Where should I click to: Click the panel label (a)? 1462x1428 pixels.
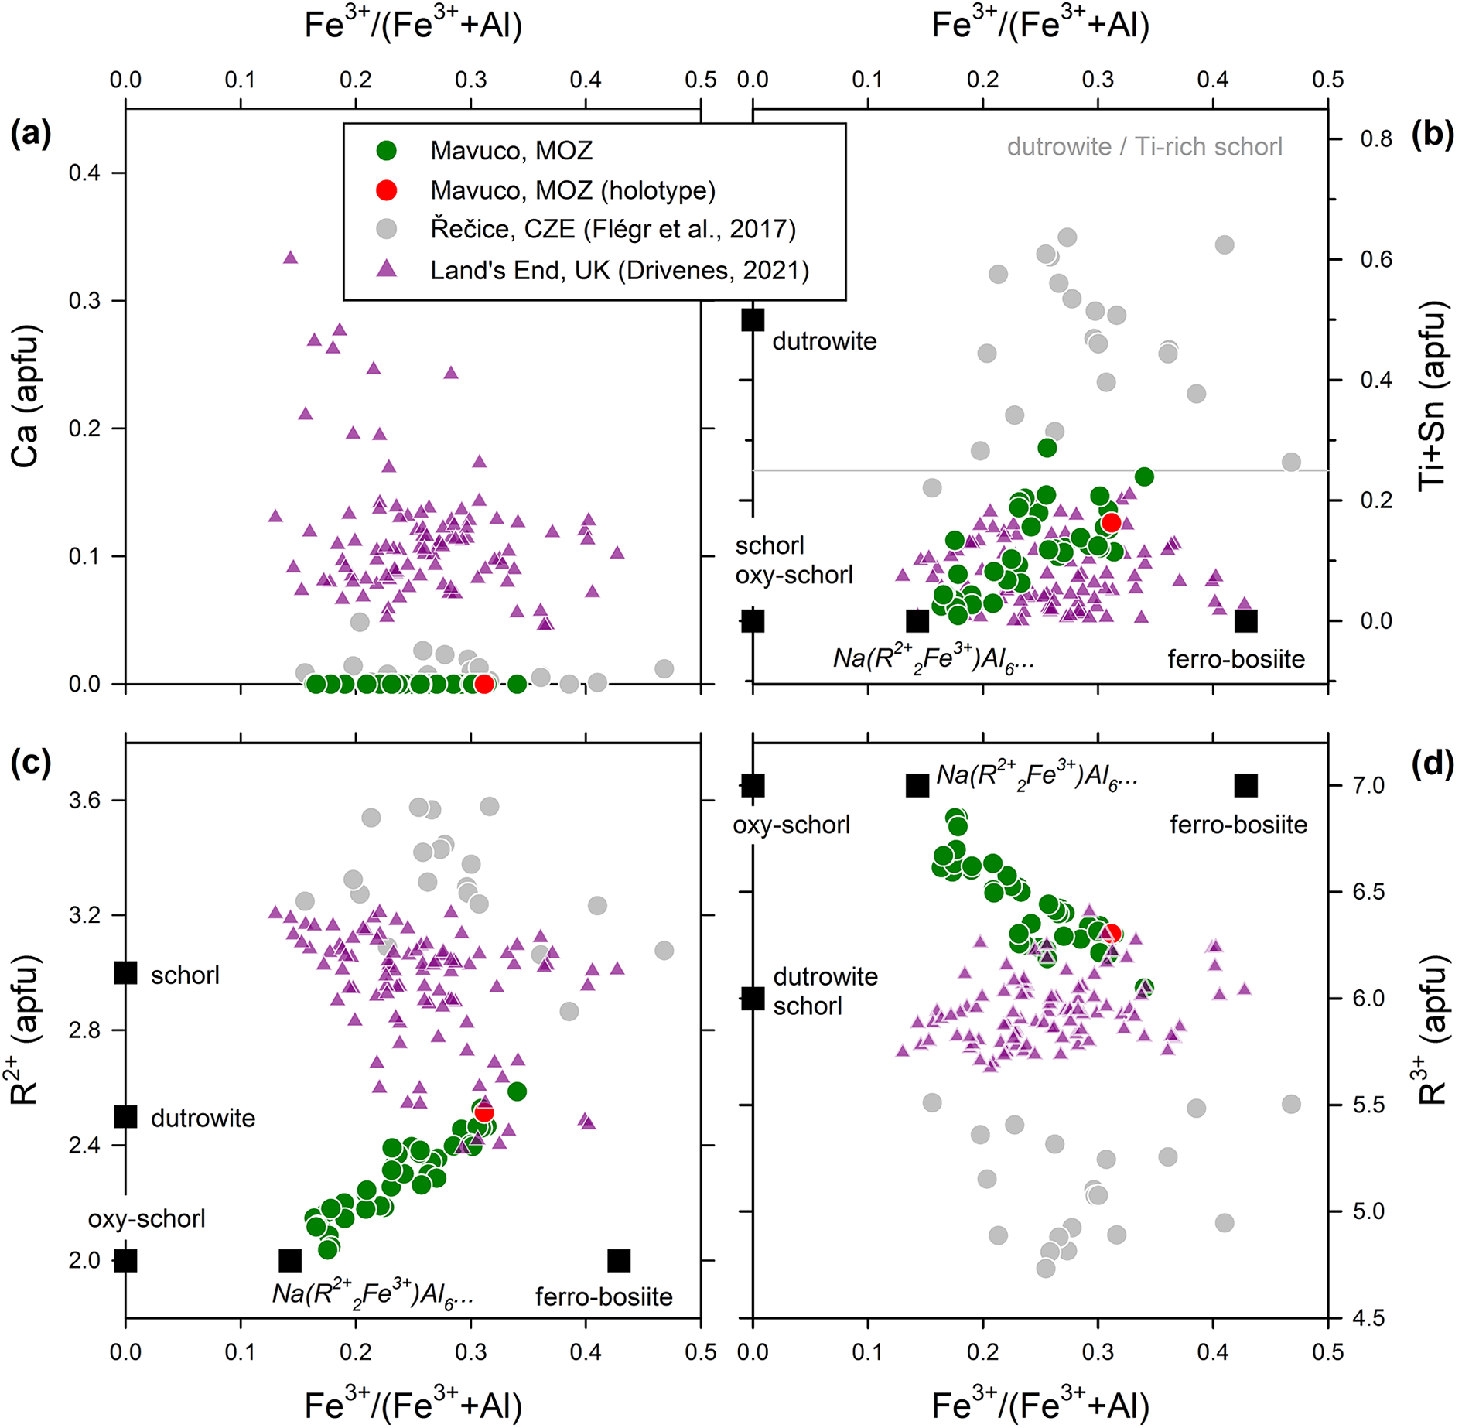click(x=31, y=134)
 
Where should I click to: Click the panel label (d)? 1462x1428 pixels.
click(x=1432, y=764)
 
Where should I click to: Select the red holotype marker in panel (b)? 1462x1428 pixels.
click(x=1111, y=523)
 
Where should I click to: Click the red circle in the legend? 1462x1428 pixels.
click(x=386, y=190)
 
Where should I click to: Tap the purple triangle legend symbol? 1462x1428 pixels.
click(x=386, y=269)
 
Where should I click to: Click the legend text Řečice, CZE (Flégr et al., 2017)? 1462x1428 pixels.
click(x=613, y=230)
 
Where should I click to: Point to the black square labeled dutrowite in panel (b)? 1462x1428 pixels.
click(x=753, y=319)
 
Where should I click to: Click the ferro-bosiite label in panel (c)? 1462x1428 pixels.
click(x=603, y=1296)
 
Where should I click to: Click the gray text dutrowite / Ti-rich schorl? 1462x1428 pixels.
click(x=1144, y=147)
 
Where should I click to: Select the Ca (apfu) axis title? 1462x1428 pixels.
click(x=26, y=395)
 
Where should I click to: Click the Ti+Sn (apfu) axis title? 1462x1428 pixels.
click(x=1433, y=395)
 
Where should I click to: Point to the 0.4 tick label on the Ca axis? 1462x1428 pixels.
click(x=84, y=173)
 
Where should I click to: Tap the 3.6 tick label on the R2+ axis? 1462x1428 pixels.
click(x=84, y=800)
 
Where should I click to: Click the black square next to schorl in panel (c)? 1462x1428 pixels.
click(x=125, y=973)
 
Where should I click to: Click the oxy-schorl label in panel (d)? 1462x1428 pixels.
click(x=791, y=825)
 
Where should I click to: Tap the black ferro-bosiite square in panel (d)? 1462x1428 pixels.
click(x=1245, y=786)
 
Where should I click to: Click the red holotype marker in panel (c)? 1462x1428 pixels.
click(x=484, y=1113)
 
